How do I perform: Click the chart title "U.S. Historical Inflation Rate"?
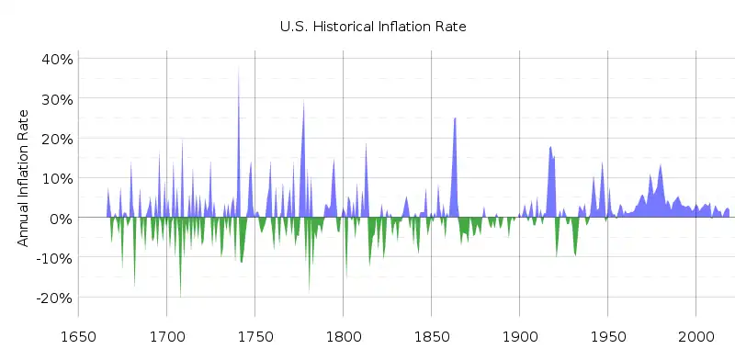[x=373, y=27]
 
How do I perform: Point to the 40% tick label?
[x=55, y=58]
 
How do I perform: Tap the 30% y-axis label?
[x=55, y=98]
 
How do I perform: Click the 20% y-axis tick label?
[x=55, y=138]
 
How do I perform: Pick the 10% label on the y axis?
[x=55, y=178]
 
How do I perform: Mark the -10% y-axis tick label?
[x=53, y=258]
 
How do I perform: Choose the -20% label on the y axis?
[x=53, y=298]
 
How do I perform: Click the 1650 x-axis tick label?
[x=78, y=335]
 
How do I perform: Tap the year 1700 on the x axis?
[x=166, y=335]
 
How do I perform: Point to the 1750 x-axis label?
[x=254, y=335]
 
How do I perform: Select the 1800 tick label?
[x=343, y=335]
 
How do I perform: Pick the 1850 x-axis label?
[x=431, y=335]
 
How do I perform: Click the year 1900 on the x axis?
[x=519, y=335]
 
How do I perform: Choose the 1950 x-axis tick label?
[x=607, y=335]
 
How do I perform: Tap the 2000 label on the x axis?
[x=695, y=335]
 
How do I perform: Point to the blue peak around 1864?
[x=455, y=119]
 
